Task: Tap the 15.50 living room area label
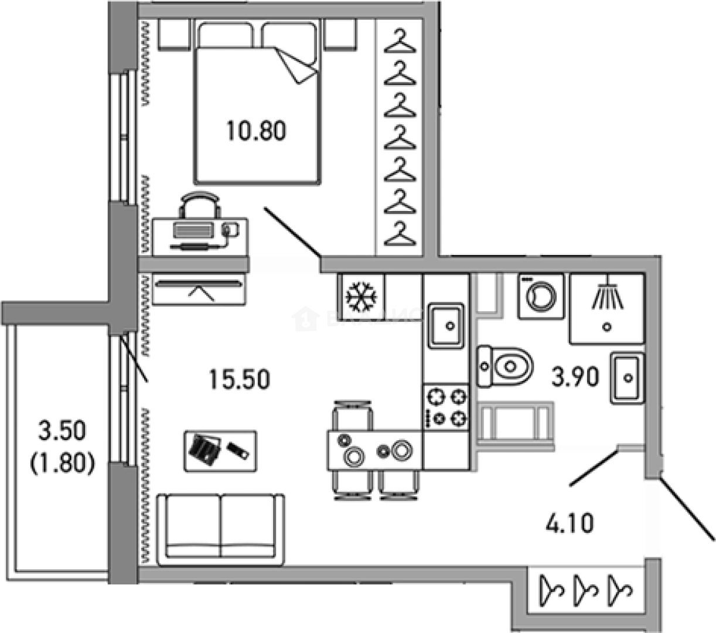[240, 379]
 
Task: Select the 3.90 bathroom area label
[575, 377]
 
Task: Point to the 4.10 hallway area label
[570, 522]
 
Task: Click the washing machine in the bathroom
[540, 296]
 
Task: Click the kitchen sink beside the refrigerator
[445, 325]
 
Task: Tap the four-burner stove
[445, 407]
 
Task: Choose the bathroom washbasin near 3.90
[627, 378]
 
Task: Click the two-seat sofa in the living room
[220, 526]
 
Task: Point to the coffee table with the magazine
[220, 450]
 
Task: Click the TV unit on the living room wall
[199, 289]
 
